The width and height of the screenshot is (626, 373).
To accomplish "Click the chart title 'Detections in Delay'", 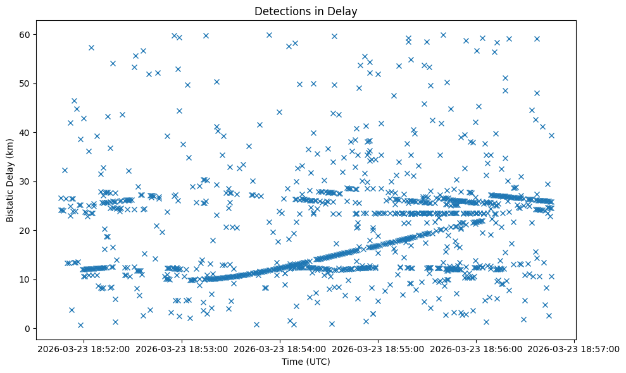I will (306, 11).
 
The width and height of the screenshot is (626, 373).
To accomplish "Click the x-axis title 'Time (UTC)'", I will (306, 362).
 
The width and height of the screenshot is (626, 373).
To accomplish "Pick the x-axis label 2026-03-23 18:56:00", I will (477, 348).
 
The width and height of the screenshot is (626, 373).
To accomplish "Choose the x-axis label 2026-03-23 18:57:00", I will (575, 348).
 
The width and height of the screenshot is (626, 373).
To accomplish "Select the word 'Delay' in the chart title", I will (345, 11).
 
